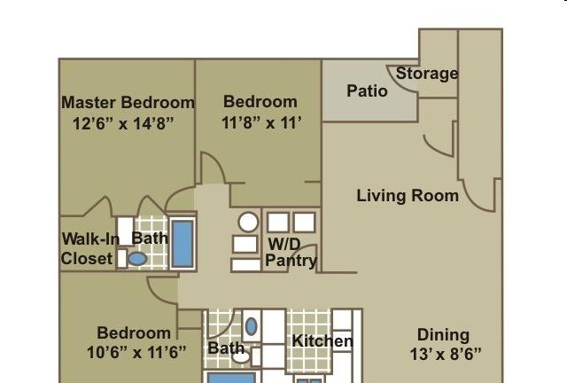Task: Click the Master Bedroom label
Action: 128,103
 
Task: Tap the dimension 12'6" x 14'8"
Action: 123,124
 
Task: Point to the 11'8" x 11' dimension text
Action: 261,123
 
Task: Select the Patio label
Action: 367,90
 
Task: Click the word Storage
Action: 427,74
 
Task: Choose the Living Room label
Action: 408,196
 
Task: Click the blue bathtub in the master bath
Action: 183,244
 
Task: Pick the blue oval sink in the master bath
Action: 138,259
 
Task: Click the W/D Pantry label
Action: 291,253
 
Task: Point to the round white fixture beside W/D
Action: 248,222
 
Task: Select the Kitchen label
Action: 322,341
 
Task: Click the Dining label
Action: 443,335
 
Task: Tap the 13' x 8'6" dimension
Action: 446,354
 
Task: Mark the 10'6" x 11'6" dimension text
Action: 136,352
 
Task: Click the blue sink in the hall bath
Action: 252,326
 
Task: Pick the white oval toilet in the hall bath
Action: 241,357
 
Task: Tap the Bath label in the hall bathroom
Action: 226,348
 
